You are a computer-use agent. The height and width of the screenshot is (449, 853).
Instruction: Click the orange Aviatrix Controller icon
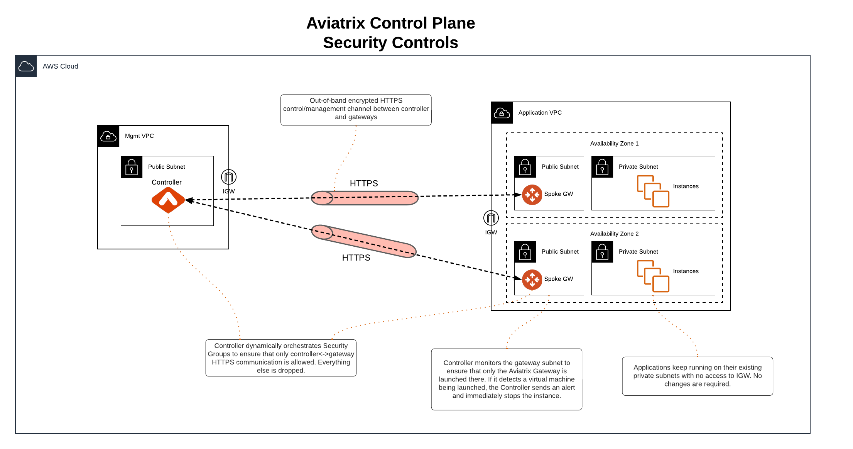point(168,200)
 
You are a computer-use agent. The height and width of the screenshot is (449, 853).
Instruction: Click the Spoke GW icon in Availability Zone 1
point(532,195)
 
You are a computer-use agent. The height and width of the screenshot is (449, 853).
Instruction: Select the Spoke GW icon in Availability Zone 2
point(532,280)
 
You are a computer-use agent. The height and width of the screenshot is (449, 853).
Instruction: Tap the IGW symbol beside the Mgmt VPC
point(229,177)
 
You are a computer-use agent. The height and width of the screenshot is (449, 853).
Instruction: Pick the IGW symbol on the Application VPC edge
point(491,218)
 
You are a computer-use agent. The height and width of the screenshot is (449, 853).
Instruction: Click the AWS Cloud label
point(60,66)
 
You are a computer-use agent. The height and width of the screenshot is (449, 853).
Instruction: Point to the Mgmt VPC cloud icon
point(108,136)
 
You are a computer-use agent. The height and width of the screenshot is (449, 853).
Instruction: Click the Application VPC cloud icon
point(502,113)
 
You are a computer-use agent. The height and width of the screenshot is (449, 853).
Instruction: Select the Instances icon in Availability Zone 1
point(653,191)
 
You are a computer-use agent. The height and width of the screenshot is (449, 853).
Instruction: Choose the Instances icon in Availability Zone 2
point(653,276)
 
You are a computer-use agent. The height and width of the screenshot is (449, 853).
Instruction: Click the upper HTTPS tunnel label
point(364,183)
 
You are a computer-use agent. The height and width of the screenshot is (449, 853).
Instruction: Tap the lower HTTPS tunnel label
point(356,258)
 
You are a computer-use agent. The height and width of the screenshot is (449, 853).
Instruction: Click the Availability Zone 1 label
point(614,144)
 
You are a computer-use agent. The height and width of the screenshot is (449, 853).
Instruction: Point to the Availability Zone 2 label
point(614,234)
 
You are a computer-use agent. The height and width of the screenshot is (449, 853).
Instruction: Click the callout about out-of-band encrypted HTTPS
point(356,109)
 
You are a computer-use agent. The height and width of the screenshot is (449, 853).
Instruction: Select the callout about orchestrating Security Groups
point(281,358)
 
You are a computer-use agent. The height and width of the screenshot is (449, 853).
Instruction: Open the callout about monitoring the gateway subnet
point(507,379)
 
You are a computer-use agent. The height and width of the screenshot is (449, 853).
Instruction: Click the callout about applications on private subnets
point(697,376)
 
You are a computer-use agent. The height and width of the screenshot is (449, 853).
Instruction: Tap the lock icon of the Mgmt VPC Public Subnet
point(132,167)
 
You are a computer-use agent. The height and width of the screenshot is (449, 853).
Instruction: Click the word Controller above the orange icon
point(166,182)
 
